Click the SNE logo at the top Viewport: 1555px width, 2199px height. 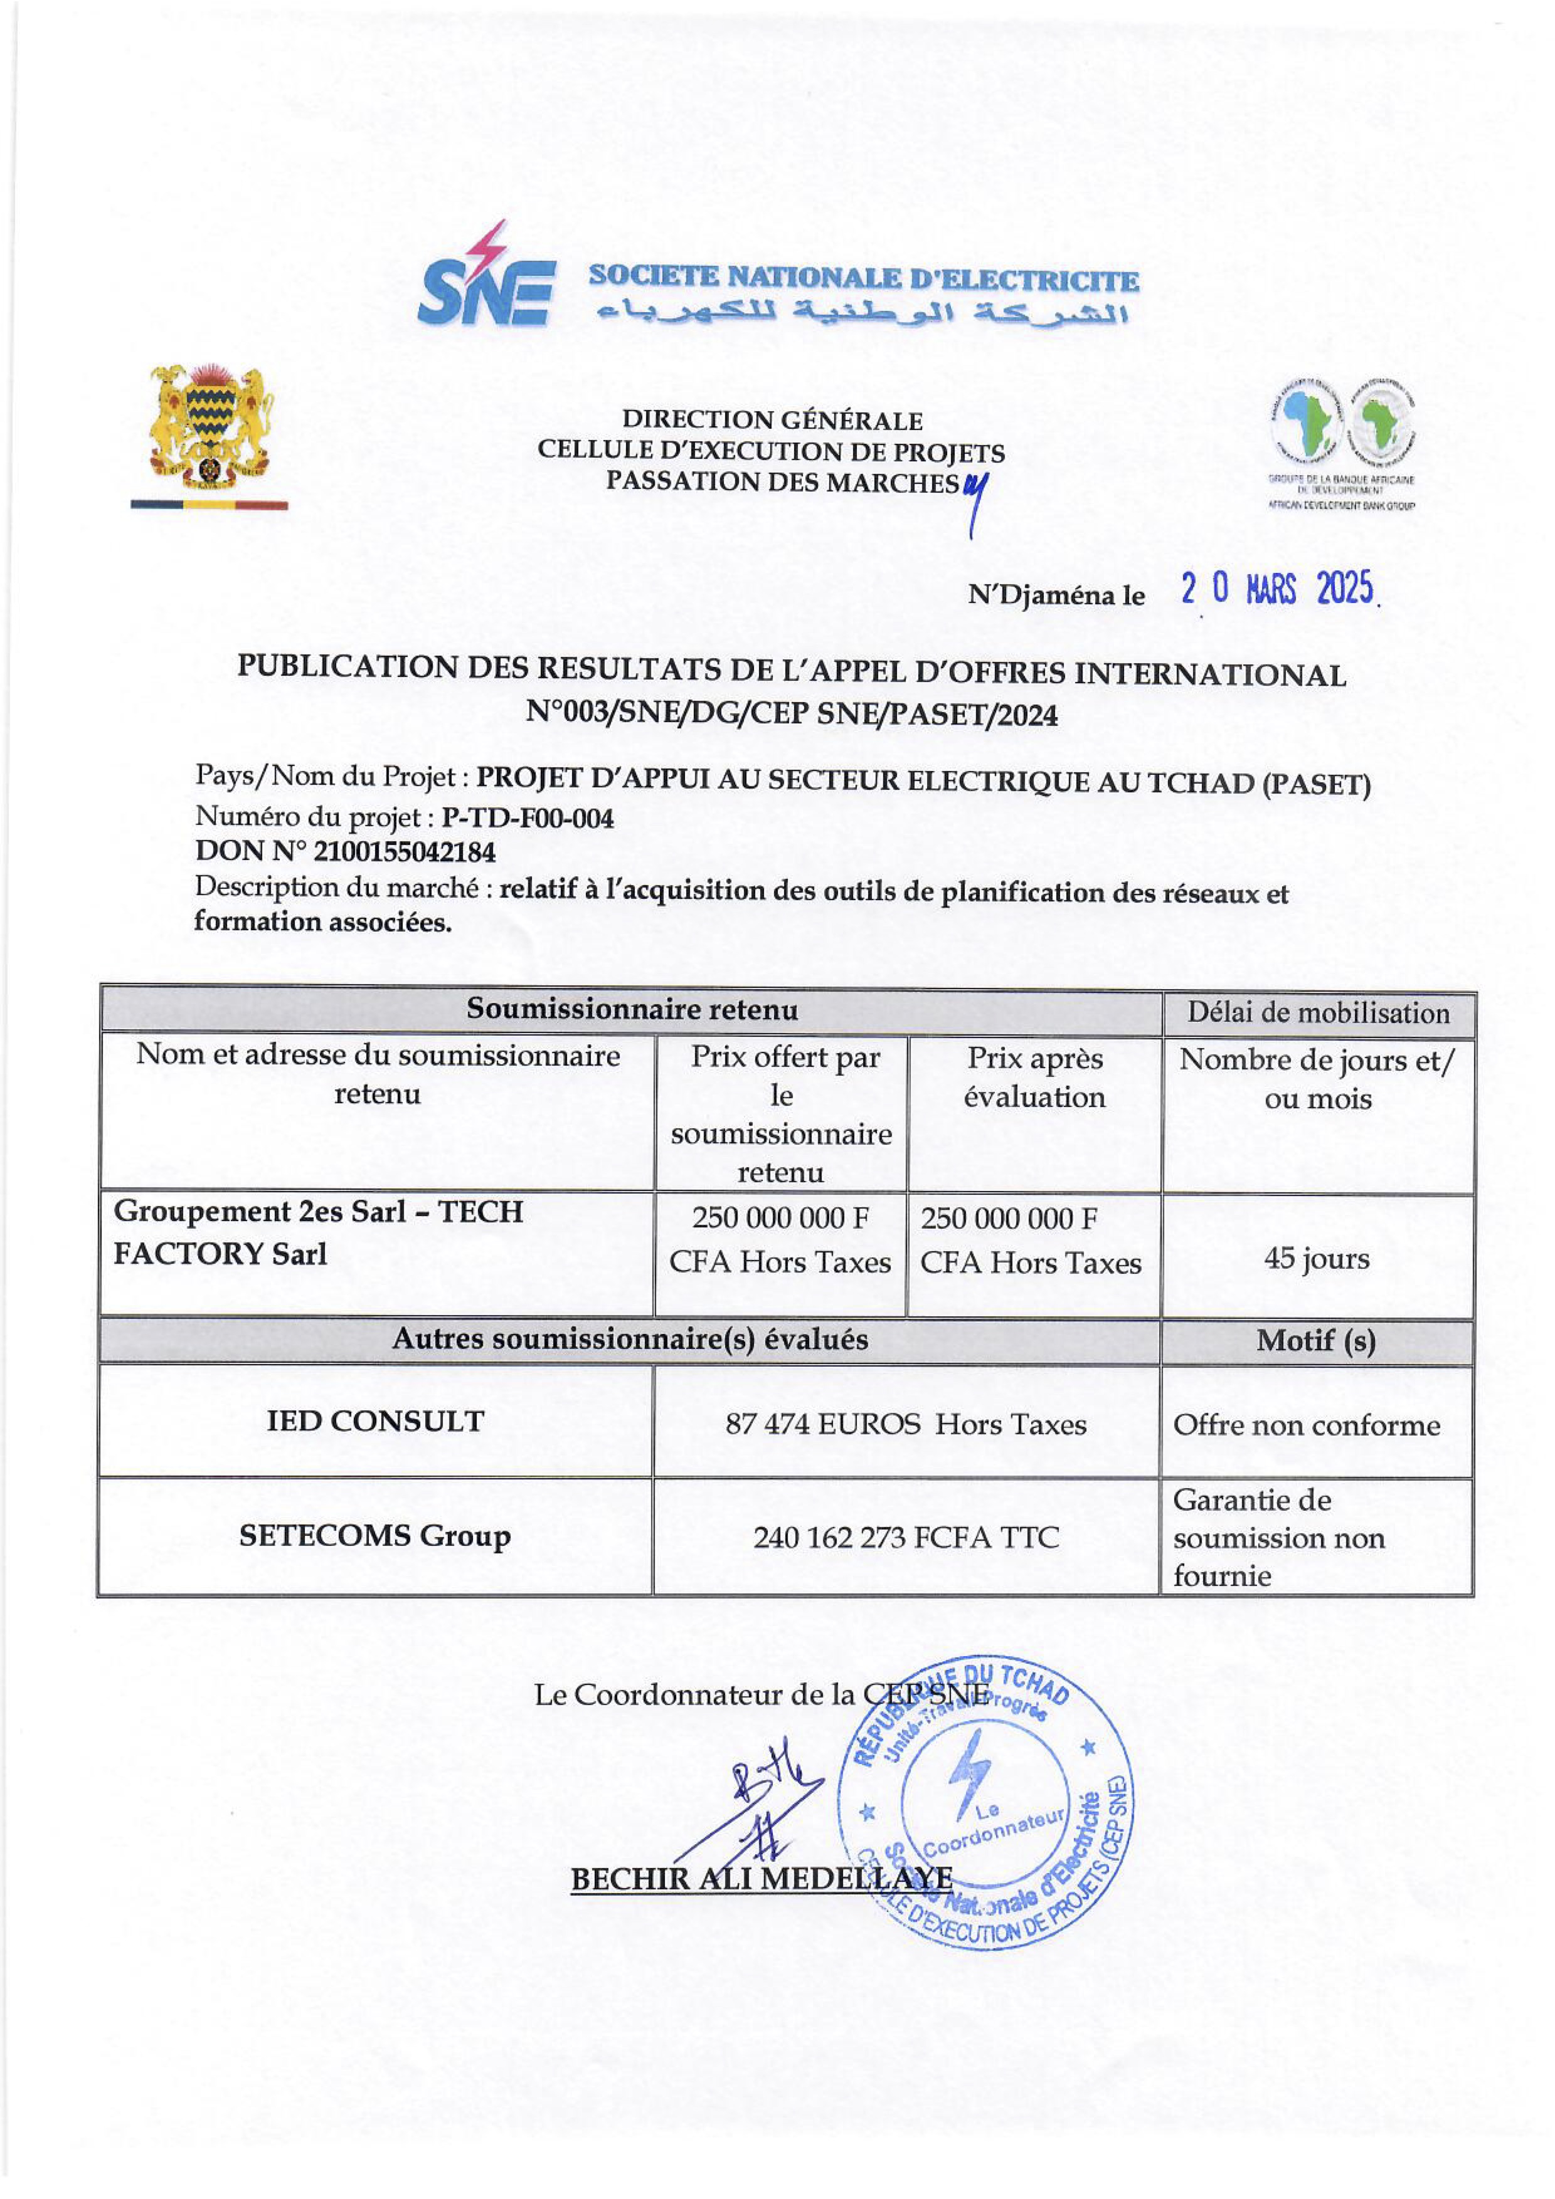click(x=487, y=278)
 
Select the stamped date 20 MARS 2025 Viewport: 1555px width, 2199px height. click(x=1277, y=589)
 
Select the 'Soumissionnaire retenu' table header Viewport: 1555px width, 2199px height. click(x=632, y=1009)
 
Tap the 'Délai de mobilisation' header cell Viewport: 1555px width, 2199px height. click(x=1319, y=1012)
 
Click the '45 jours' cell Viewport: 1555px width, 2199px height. click(x=1317, y=1259)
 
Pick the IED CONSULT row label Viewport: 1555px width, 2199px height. click(x=376, y=1421)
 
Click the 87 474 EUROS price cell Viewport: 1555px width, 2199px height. click(x=905, y=1424)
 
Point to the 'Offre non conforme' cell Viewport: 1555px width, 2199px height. click(x=1307, y=1425)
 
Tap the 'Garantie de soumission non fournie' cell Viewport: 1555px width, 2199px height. click(x=1279, y=1537)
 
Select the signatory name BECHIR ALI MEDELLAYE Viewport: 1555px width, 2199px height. click(x=762, y=1879)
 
